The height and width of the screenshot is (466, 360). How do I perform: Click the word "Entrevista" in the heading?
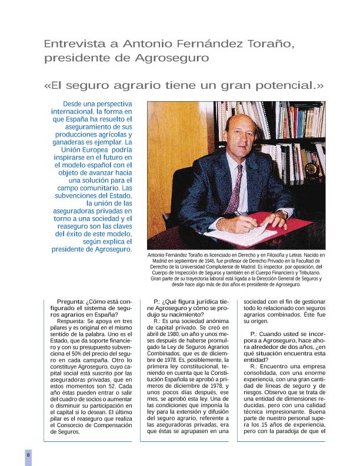pos(69,44)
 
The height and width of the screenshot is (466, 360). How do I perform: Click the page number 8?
pos(28,455)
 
